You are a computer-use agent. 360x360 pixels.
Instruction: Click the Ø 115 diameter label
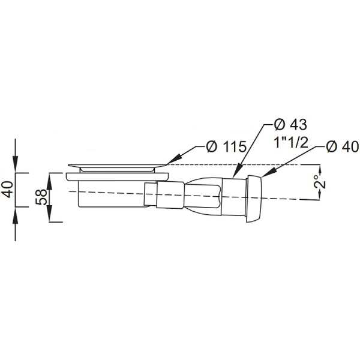point(226,146)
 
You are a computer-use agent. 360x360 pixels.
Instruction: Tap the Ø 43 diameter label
point(290,125)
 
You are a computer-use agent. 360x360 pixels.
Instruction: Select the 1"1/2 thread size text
point(290,143)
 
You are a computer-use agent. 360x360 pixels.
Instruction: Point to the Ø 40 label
point(342,146)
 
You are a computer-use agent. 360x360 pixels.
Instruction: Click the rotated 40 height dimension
point(8,189)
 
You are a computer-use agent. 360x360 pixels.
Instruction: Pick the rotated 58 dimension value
point(41,197)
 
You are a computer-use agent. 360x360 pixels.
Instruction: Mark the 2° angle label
point(320,182)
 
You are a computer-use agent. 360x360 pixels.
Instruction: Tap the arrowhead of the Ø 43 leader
point(238,171)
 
